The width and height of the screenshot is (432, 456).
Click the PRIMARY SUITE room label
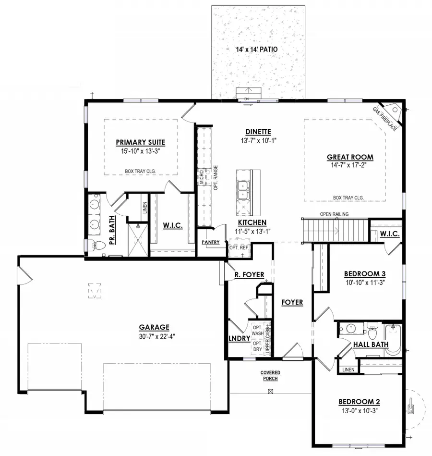pyautogui.click(x=141, y=142)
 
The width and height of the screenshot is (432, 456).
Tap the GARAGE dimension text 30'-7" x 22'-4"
pyautogui.click(x=157, y=336)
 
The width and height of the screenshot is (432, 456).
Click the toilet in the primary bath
pyautogui.click(x=96, y=246)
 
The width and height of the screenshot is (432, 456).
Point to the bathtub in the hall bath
pyautogui.click(x=393, y=340)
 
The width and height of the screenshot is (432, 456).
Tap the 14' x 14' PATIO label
pyautogui.click(x=256, y=49)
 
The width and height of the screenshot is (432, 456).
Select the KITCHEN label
pyautogui.click(x=252, y=222)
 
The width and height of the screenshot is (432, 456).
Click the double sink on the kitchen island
pyautogui.click(x=242, y=190)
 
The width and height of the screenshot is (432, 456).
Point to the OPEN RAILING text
pyautogui.click(x=334, y=214)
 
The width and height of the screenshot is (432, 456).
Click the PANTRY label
pyautogui.click(x=211, y=242)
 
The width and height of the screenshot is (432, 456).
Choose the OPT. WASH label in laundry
pyautogui.click(x=258, y=331)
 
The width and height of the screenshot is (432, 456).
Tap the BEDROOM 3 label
pyautogui.click(x=365, y=274)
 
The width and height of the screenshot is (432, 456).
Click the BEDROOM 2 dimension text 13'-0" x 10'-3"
pyautogui.click(x=360, y=411)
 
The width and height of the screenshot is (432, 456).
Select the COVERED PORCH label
pyautogui.click(x=270, y=375)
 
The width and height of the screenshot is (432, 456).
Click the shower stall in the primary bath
pyautogui.click(x=138, y=240)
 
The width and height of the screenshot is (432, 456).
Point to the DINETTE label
pyautogui.click(x=258, y=132)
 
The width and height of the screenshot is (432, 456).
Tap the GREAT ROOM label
pyautogui.click(x=350, y=157)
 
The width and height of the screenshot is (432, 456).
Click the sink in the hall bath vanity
pyautogui.click(x=351, y=329)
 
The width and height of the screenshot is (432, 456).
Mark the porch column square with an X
pyautogui.click(x=270, y=391)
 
